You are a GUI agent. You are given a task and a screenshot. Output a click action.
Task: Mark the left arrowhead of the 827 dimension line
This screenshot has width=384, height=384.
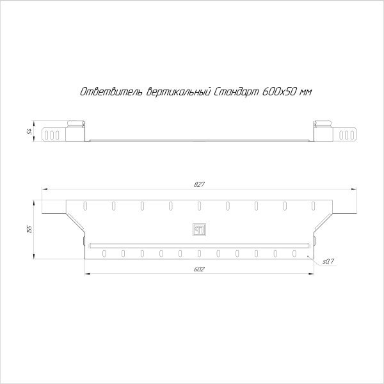[x=43, y=189]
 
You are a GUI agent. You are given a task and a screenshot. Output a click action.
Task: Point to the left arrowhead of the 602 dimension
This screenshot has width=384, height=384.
[x=86, y=274]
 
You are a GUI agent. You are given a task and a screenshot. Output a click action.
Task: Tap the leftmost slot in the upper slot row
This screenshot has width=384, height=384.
[x=84, y=205]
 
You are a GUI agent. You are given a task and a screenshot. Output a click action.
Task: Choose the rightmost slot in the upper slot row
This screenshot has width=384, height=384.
[x=313, y=205]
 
